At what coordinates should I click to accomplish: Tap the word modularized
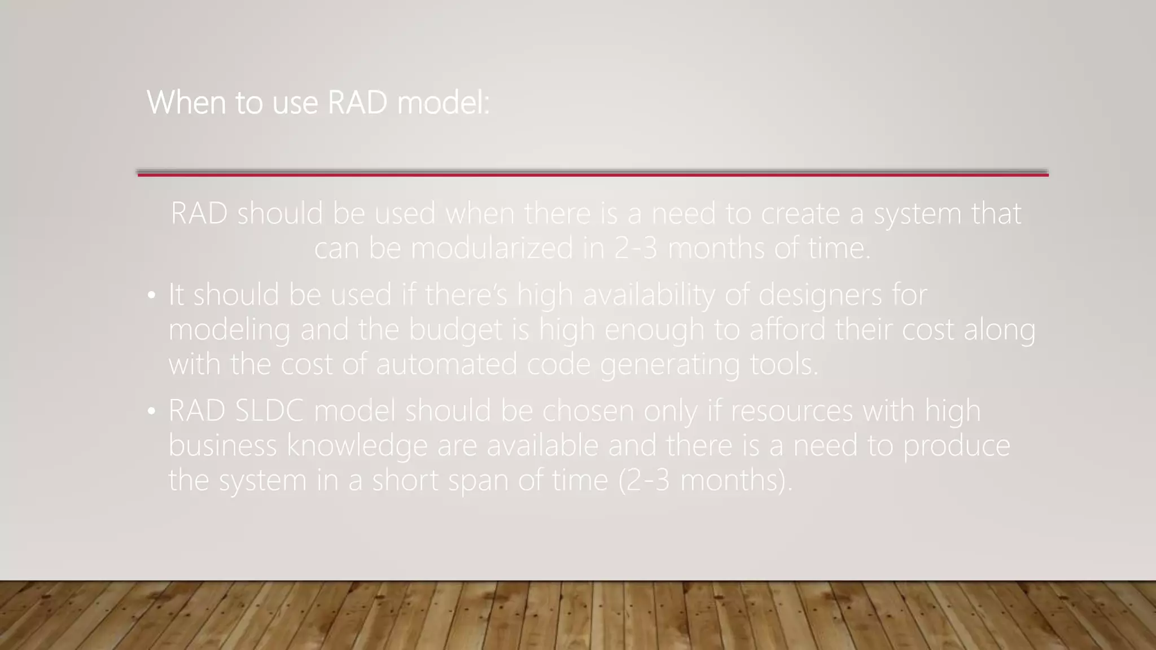tap(491, 248)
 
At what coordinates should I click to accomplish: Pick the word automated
tap(446, 364)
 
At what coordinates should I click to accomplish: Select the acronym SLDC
tap(269, 411)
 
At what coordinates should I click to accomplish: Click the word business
tap(222, 446)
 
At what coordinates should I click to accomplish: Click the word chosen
tap(588, 411)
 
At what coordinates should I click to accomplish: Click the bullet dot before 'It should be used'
tap(151, 296)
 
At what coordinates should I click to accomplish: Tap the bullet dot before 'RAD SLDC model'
tap(151, 411)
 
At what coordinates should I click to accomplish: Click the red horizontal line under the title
tap(593, 175)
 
